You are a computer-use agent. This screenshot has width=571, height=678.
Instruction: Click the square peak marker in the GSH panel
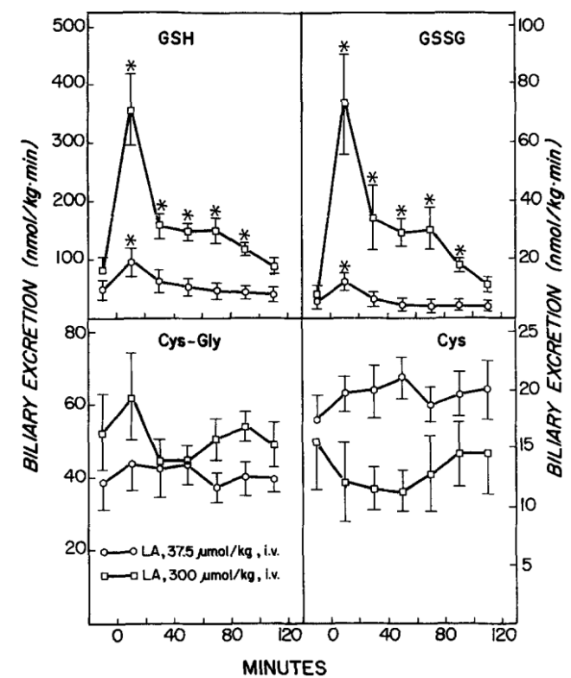click(x=132, y=111)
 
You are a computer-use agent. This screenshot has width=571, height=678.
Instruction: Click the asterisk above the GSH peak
click(x=132, y=66)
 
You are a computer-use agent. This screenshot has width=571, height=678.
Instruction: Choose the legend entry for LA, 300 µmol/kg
click(x=189, y=573)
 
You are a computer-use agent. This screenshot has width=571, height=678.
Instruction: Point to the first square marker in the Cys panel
click(x=317, y=442)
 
